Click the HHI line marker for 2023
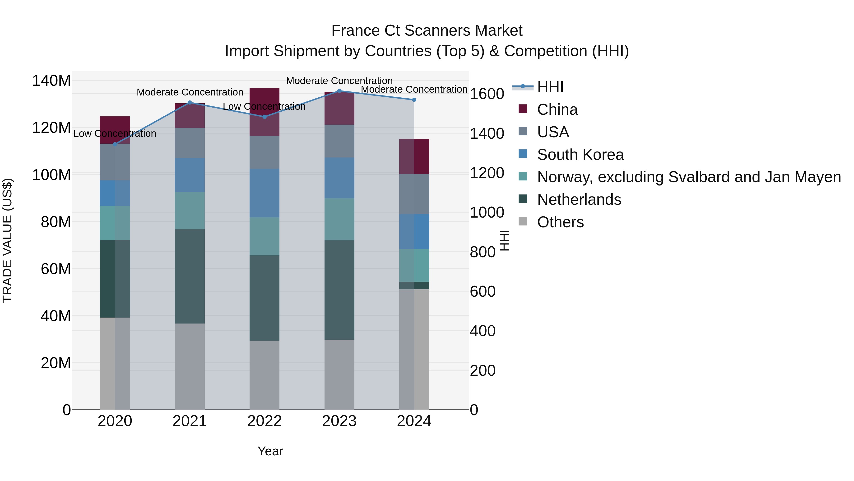click(339, 91)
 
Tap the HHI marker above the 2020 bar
click(115, 144)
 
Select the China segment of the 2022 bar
click(264, 112)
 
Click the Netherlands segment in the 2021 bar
click(190, 276)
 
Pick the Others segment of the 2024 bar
click(414, 349)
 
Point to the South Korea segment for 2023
click(339, 178)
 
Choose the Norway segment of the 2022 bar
click(264, 236)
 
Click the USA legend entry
click(553, 132)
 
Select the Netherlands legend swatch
click(523, 199)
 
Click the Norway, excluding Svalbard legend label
click(689, 177)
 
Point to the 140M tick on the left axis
click(51, 81)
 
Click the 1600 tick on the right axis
click(487, 94)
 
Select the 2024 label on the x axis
click(414, 421)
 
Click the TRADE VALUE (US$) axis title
click(7, 240)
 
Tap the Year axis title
click(270, 451)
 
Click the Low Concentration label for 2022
click(264, 107)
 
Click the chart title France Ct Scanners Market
click(427, 31)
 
